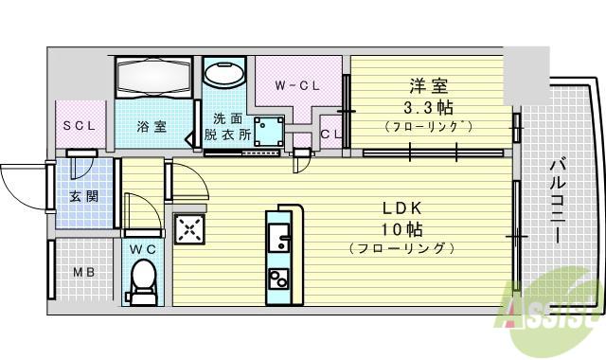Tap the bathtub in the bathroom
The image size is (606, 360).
(153, 77)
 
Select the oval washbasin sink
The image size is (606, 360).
(224, 74)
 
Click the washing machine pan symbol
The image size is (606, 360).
(269, 132)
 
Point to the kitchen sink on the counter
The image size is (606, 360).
(279, 237)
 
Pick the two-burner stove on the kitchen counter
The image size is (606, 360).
(278, 279)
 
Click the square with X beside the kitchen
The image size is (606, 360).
(189, 229)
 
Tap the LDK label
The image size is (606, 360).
(401, 208)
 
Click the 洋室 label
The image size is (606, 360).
(429, 86)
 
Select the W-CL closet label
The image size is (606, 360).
(297, 85)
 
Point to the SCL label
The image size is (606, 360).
(79, 126)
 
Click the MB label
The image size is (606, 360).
(84, 272)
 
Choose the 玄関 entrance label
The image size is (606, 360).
(84, 196)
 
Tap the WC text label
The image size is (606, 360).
(143, 249)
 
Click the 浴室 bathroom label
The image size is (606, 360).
(151, 126)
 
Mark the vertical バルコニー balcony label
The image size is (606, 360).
(558, 201)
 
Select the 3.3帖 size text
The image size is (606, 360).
(429, 108)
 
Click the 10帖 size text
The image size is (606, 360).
(401, 229)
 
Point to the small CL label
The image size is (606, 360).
(331, 135)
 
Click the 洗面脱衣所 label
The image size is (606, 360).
(227, 126)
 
